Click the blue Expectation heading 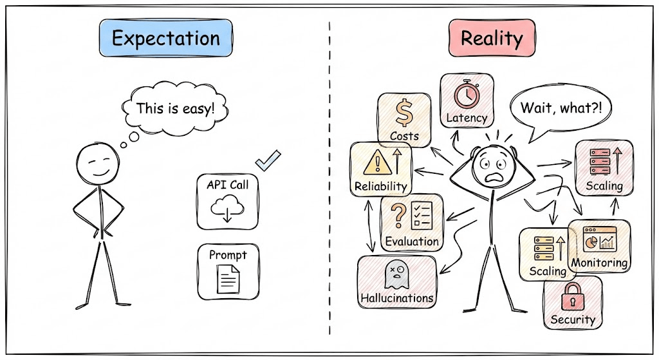tap(165, 39)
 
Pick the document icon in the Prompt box tap(227, 279)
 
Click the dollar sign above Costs tap(404, 114)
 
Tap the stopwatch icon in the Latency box tap(466, 95)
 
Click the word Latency tap(467, 118)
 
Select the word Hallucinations tap(396, 298)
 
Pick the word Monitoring tap(599, 263)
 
